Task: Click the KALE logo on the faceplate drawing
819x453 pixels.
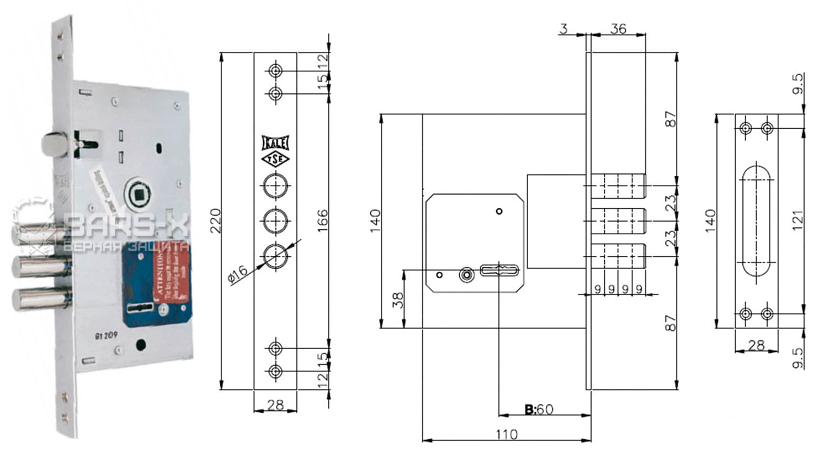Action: pos(275,144)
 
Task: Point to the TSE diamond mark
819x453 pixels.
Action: pos(275,160)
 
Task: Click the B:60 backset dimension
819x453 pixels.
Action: pos(539,409)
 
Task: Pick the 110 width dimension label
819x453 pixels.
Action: pos(506,435)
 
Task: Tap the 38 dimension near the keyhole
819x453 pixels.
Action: pos(397,299)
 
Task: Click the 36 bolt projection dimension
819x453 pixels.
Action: pos(619,28)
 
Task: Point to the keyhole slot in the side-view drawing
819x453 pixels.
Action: pos(499,271)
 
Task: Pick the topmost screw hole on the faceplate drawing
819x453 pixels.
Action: pos(275,71)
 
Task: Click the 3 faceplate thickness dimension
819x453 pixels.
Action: pos(563,28)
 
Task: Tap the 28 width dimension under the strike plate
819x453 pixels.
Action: pos(756,345)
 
